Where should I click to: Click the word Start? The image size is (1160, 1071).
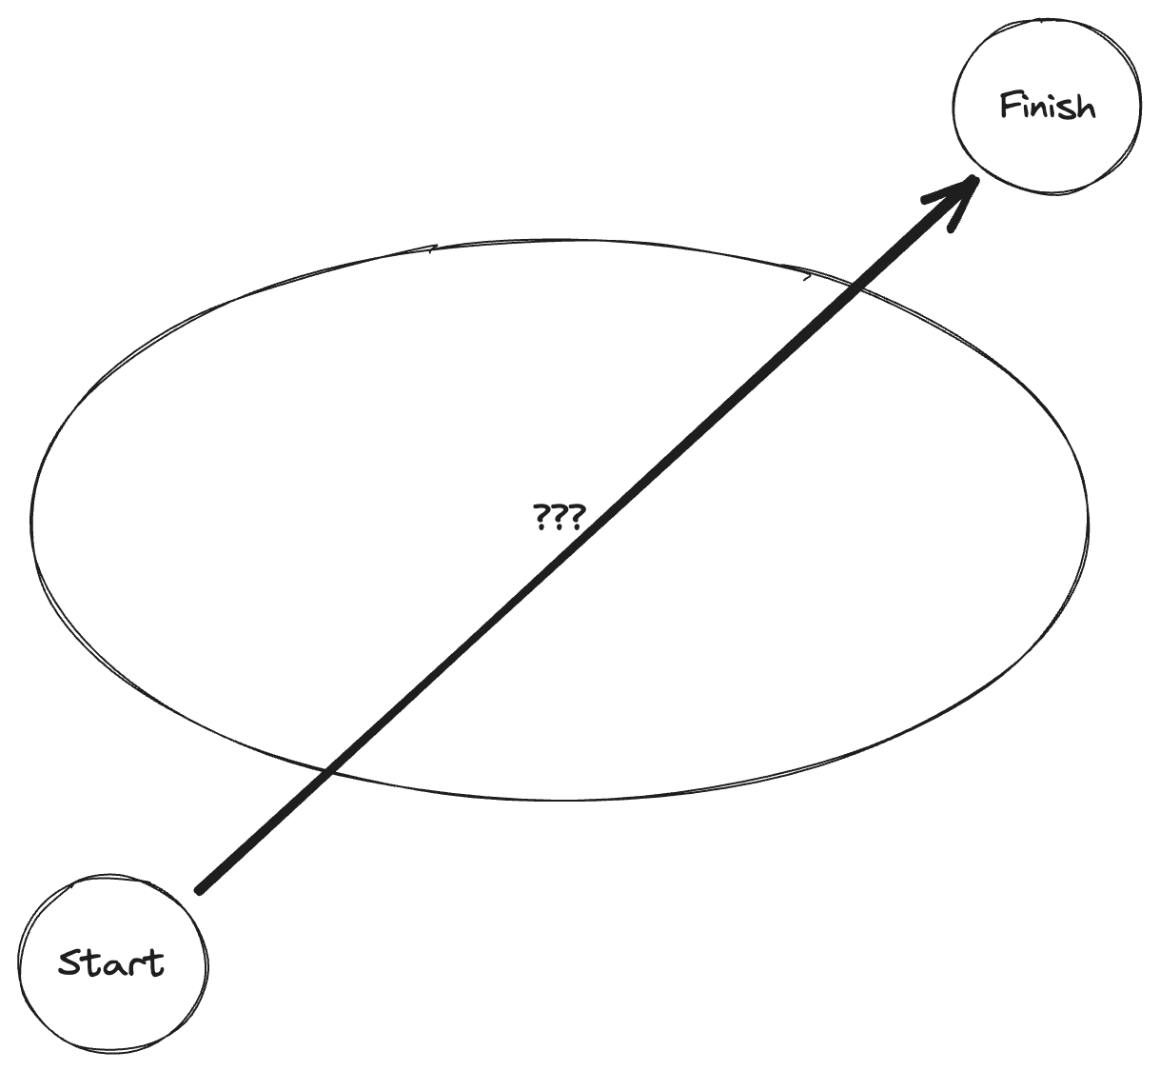click(110, 962)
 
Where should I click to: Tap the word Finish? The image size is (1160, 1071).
click(1047, 105)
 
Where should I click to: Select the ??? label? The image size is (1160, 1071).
click(558, 518)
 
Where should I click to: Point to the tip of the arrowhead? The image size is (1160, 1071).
click(976, 178)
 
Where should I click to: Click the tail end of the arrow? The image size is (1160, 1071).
click(199, 890)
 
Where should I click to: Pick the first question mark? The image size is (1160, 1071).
click(540, 518)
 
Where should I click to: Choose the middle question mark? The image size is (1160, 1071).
click(557, 518)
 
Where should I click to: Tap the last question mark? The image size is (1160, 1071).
click(574, 518)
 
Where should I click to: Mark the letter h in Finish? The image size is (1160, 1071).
click(1085, 106)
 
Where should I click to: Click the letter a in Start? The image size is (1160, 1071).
click(112, 967)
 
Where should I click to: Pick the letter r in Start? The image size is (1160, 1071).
click(132, 967)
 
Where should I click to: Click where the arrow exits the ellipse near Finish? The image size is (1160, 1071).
click(855, 283)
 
